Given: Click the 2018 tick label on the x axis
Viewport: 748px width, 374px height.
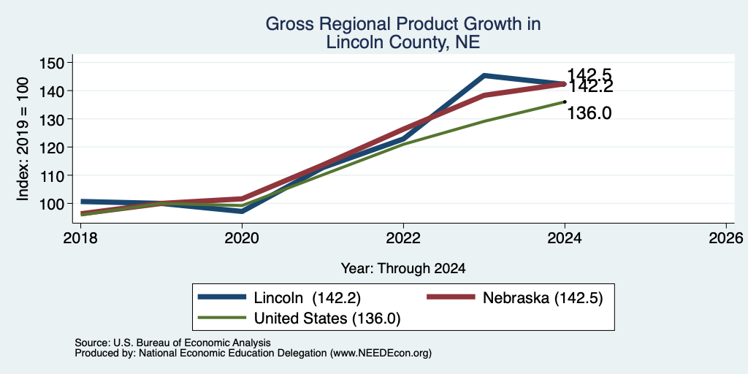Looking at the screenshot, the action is point(81,237).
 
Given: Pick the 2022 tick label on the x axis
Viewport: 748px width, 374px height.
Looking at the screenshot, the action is point(403,237).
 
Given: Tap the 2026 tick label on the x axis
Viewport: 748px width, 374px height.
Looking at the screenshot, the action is point(726,237).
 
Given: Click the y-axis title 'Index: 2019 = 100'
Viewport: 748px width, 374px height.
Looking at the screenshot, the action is point(23,139).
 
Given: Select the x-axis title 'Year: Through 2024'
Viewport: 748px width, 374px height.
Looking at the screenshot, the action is point(403,269).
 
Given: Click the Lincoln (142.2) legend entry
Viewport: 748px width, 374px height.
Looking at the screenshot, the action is point(279,298).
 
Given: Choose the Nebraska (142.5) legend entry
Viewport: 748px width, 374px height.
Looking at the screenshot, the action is point(515,298).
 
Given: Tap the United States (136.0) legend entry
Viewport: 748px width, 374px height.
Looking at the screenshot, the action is point(299,318).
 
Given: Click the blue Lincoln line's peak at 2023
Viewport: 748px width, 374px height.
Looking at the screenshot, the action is point(484,75).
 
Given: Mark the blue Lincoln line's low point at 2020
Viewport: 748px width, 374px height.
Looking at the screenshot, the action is point(242,211).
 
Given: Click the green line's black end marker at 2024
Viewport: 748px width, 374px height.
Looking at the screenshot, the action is point(565,102).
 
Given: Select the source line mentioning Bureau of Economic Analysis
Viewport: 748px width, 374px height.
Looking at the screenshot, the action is point(172,343).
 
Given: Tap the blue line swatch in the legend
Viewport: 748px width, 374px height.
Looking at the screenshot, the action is point(222,297).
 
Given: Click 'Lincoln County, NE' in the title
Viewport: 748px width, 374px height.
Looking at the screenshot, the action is point(403,43).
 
